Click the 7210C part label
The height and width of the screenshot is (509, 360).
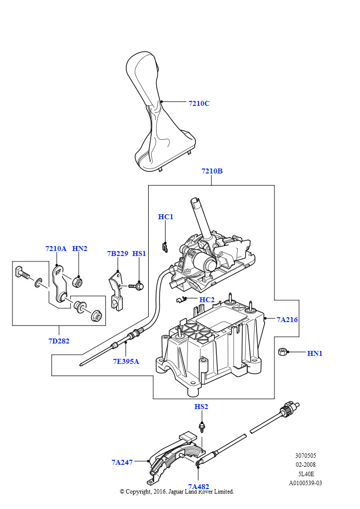[199, 103]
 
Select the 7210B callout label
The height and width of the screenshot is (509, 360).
[212, 171]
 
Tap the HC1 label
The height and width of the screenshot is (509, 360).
[166, 217]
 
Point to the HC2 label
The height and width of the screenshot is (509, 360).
[207, 300]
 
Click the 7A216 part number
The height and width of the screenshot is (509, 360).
[287, 320]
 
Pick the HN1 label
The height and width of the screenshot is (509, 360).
[315, 353]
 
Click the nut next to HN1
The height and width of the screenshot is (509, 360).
[282, 353]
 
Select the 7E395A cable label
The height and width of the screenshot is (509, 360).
[126, 361]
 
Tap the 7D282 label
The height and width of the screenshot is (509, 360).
[59, 341]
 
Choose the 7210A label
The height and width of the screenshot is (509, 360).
[56, 249]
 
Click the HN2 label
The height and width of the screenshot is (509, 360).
[80, 249]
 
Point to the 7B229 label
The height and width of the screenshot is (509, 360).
[117, 254]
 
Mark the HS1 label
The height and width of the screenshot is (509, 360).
[139, 254]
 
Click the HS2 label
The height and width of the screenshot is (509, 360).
[201, 407]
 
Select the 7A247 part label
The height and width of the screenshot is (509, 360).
[122, 462]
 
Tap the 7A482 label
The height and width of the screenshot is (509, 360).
[198, 487]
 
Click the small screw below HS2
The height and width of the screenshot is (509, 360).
[201, 426]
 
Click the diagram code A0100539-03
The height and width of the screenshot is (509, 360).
[305, 483]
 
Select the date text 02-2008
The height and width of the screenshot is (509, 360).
[305, 465]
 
